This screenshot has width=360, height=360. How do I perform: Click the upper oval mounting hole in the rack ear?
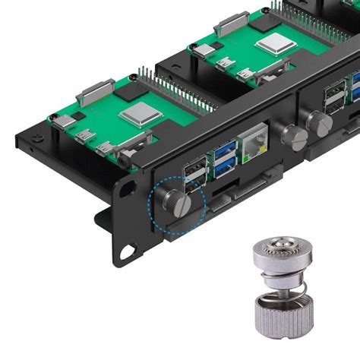pyautogui.click(x=129, y=185)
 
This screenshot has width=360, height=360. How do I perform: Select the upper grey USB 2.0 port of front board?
pyautogui.click(x=196, y=163)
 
